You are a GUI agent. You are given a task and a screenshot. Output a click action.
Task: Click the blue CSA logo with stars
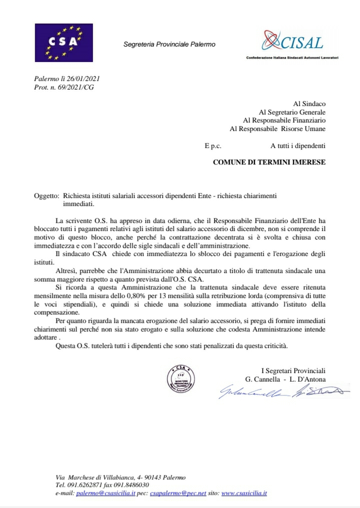pyautogui.click(x=64, y=43)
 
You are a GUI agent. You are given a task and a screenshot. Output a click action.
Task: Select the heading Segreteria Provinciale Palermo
pyautogui.click(x=169, y=44)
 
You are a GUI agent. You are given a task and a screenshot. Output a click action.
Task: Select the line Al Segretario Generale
pyautogui.click(x=291, y=112)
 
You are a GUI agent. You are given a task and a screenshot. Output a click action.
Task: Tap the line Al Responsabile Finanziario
pyautogui.click(x=284, y=120)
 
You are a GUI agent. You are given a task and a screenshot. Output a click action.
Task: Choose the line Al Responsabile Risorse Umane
pyautogui.click(x=277, y=129)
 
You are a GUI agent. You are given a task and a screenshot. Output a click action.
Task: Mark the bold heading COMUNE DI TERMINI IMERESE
pyautogui.click(x=269, y=162)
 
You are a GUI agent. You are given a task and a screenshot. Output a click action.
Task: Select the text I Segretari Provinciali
pyautogui.click(x=293, y=370)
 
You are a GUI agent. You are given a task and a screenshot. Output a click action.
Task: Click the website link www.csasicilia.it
pyautogui.click(x=244, y=493)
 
